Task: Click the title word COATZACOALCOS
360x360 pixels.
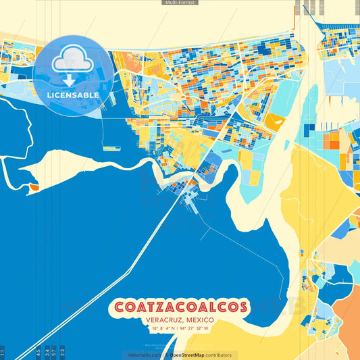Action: (x=180, y=307)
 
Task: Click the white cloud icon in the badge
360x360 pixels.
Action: (x=72, y=60)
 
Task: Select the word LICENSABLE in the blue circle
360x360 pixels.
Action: (x=73, y=95)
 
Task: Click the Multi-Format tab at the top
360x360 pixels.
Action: (x=180, y=3)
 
